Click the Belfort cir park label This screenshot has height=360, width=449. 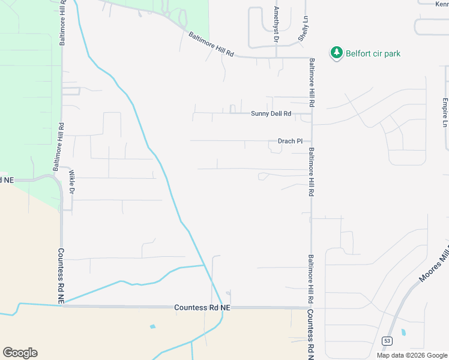coord(373,53)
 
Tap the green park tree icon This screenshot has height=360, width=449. coord(337,53)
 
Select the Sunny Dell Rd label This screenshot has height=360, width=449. coord(271,113)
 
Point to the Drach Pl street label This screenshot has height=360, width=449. coord(290,142)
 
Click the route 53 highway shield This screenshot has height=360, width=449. coord(387,341)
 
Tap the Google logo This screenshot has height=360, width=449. coord(20,353)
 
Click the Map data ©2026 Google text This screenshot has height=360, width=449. coord(412,355)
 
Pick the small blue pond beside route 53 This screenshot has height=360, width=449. coord(402,331)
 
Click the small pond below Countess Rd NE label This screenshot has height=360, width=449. coord(152,327)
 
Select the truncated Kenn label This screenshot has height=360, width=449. coord(442,3)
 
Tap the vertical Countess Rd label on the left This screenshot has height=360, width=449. coord(61,274)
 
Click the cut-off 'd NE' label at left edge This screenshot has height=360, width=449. coord(6,179)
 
